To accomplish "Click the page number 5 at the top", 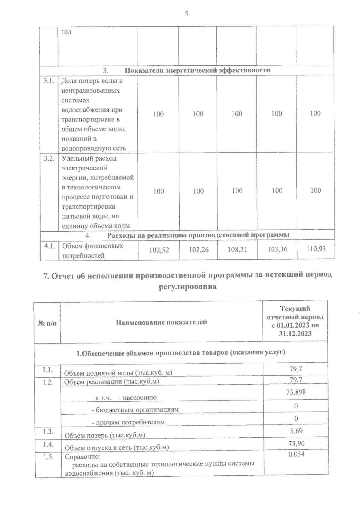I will (186, 14).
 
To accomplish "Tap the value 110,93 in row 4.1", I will (316, 249).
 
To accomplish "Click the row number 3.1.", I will (49, 81).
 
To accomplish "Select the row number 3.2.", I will (49, 159).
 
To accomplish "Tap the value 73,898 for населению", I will (296, 392).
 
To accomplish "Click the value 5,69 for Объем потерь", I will (296, 431).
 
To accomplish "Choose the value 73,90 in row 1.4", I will (296, 443).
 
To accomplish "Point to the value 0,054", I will (296, 454).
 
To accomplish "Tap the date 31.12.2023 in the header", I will (295, 333).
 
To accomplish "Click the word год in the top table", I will (66, 32).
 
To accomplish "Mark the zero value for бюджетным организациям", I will (296, 406).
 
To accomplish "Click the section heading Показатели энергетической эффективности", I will (197, 70).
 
